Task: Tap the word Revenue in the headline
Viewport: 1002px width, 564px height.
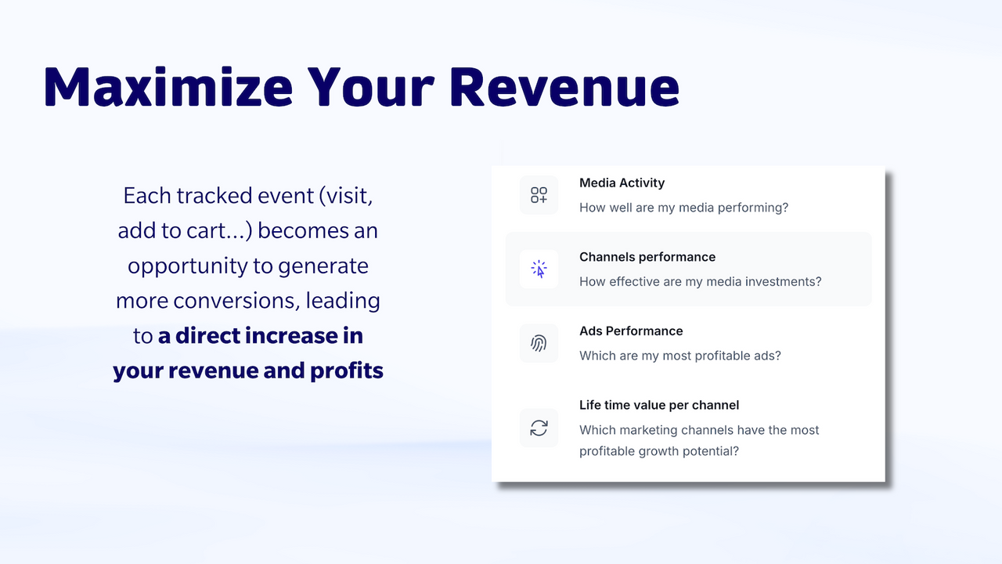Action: [x=564, y=86]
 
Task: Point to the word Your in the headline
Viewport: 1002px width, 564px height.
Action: [x=371, y=86]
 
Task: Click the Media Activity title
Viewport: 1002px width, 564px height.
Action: [x=622, y=183]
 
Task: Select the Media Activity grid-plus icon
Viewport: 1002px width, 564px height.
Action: [x=539, y=195]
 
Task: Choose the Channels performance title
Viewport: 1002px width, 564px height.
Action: [x=647, y=257]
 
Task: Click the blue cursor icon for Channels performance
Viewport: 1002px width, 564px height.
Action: [x=539, y=269]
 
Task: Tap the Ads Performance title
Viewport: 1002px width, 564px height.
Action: [x=631, y=331]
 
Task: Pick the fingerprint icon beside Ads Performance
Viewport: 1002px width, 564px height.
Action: [x=539, y=343]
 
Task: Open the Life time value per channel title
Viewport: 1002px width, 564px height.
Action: [x=658, y=405]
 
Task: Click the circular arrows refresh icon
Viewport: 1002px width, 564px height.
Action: [x=539, y=428]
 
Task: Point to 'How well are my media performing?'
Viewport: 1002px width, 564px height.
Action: [x=683, y=208]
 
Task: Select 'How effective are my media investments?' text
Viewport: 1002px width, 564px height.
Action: [x=700, y=281]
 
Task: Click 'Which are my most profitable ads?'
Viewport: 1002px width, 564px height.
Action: [x=679, y=356]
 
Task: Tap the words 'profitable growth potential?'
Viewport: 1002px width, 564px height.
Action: [x=658, y=451]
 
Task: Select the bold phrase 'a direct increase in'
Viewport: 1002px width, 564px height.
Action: [x=260, y=335]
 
